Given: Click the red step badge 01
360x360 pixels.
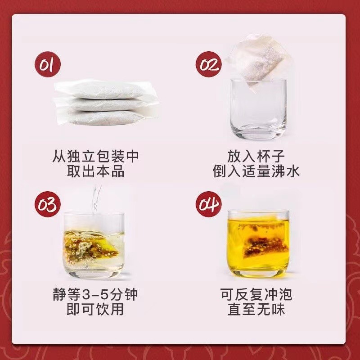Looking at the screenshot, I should pos(48,65).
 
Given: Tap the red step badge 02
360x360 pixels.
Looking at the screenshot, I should pos(209,65).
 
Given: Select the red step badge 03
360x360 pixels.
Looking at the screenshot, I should pos(48,205).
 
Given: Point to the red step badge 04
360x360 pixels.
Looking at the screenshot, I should pos(209,205).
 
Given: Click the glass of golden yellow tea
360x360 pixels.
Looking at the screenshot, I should pos(257,243).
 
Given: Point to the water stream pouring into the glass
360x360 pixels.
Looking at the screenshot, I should pos(95,198).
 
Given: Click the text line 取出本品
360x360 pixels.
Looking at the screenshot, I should pos(95,171).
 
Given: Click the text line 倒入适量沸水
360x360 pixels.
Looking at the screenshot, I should pos(256,171).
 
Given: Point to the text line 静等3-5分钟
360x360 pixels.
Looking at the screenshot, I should pos(95,295).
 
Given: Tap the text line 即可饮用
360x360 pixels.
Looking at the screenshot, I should pos(95,310).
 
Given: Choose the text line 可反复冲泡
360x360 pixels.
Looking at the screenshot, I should pos(256,295).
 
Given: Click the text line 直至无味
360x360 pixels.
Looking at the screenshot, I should pos(256,310).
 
